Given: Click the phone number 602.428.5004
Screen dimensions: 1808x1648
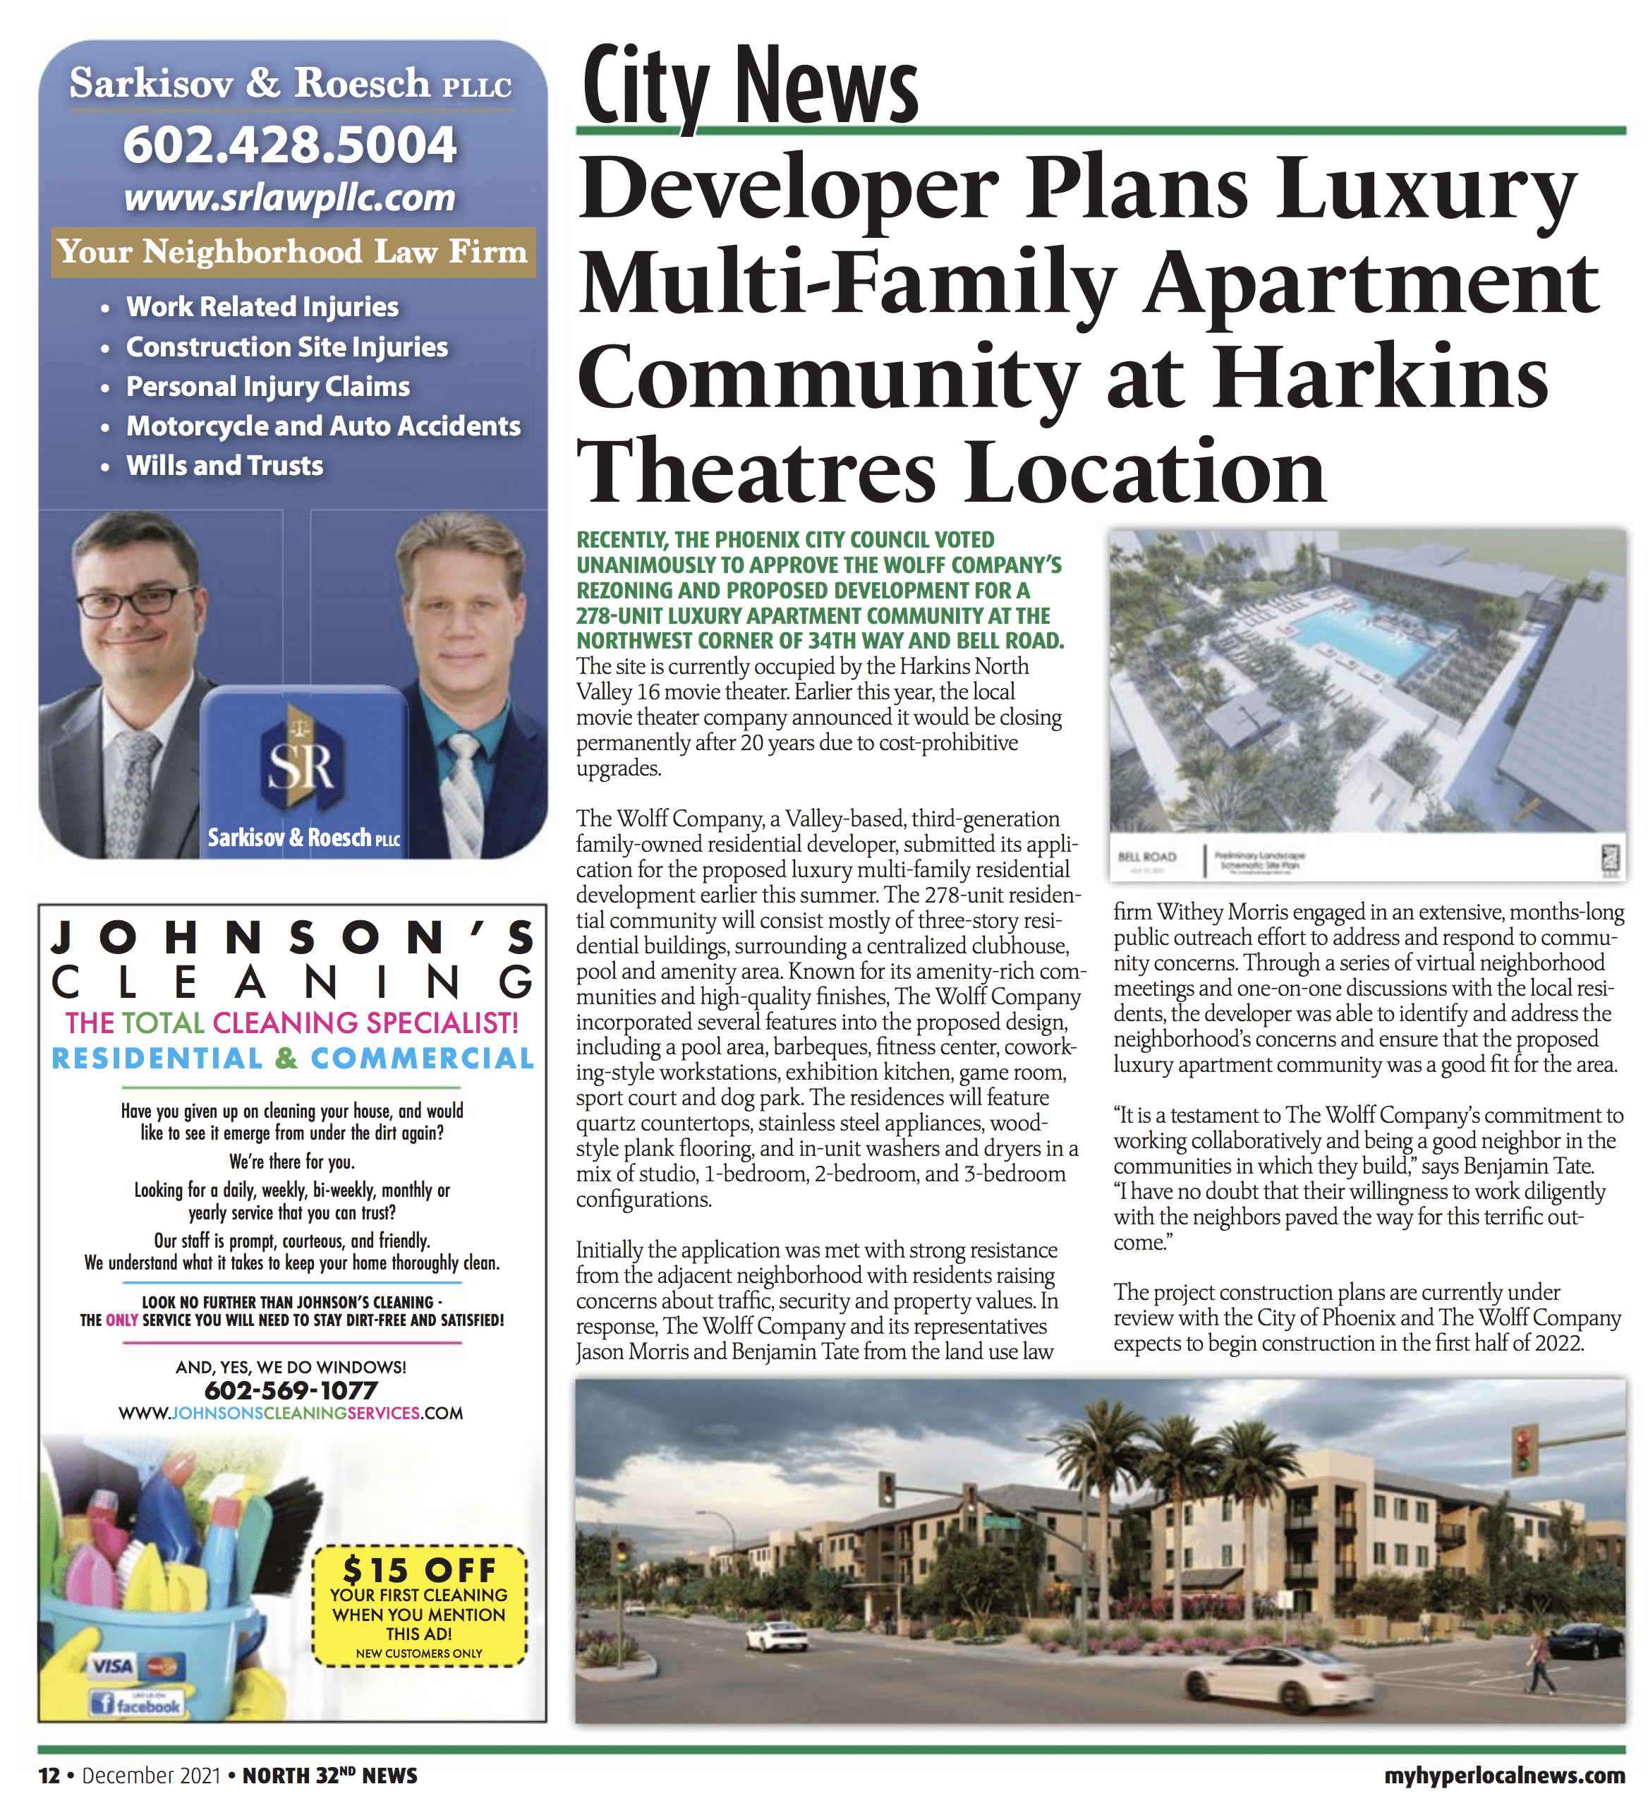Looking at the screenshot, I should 290,145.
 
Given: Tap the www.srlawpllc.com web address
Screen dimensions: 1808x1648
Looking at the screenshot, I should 290,198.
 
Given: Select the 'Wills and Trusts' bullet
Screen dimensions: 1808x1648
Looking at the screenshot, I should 224,466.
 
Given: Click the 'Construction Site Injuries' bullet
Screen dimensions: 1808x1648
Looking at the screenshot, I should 287,347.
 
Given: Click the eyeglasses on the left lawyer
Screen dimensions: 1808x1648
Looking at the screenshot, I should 137,601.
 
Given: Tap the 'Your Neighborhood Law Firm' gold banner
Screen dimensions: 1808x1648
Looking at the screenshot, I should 292,252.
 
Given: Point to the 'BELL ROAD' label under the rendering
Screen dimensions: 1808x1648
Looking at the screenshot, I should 1147,857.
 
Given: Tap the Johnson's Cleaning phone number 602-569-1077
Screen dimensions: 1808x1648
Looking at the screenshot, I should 291,1391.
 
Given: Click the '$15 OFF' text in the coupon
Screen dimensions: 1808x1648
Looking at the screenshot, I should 419,1570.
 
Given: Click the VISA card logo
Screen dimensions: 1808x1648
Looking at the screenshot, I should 114,1666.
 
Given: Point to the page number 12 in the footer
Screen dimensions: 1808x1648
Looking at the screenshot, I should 49,1776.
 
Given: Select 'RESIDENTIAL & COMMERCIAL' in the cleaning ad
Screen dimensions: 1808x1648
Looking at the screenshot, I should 292,1059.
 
